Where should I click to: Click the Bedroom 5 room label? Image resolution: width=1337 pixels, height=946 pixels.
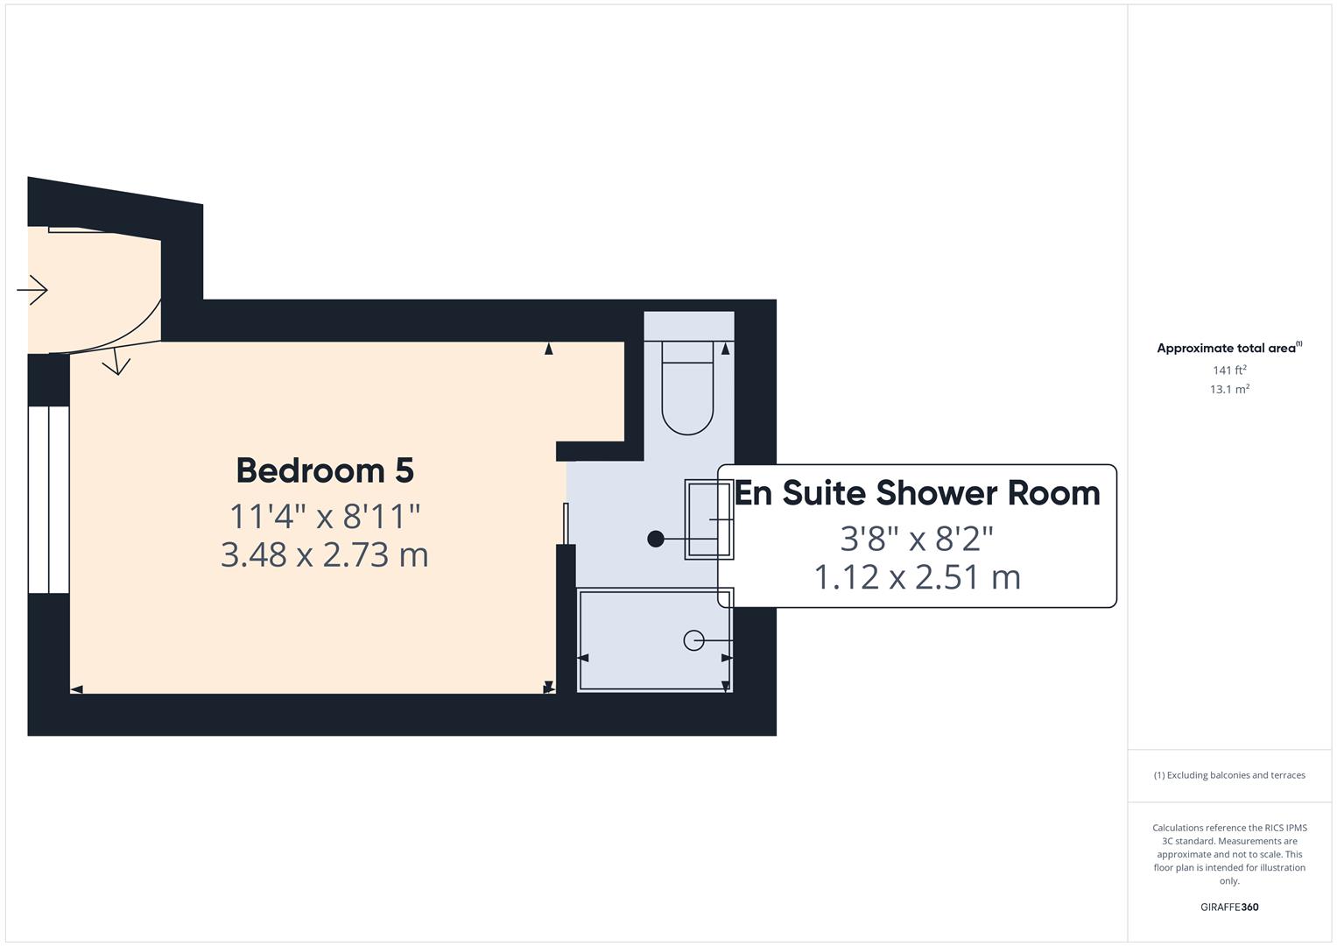click(325, 470)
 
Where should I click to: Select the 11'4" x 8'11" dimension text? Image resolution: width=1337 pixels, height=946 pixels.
click(325, 516)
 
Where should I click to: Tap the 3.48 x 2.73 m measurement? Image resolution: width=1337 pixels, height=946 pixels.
click(325, 554)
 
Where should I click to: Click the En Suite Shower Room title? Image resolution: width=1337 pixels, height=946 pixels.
click(917, 493)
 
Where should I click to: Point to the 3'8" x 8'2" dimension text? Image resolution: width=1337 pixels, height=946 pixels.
click(917, 539)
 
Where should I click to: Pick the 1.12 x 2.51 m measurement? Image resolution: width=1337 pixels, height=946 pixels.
click(917, 577)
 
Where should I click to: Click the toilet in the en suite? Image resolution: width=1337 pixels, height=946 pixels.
click(687, 399)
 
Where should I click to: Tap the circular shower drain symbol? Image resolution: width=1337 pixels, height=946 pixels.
click(693, 640)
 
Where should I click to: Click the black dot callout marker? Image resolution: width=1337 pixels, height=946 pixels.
click(655, 539)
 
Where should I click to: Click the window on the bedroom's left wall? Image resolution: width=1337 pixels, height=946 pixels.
click(48, 499)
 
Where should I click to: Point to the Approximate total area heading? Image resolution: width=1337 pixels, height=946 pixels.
click(1228, 348)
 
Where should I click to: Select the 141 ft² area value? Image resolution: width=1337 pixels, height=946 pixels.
click(1229, 371)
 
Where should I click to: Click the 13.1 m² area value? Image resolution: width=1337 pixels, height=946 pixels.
click(1229, 389)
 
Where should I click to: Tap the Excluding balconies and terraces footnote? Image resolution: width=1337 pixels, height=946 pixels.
click(1229, 775)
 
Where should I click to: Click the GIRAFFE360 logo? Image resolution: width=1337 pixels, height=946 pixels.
click(1229, 907)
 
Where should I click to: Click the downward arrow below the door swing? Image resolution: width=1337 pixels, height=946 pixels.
click(116, 363)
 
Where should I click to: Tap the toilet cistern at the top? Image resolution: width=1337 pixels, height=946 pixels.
click(687, 351)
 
